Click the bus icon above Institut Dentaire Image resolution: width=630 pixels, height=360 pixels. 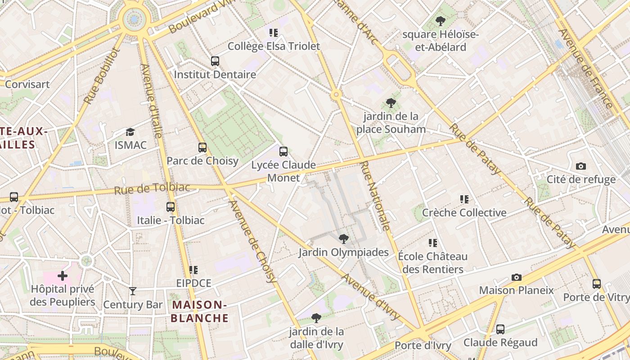215,61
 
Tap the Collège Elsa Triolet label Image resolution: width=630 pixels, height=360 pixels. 274,46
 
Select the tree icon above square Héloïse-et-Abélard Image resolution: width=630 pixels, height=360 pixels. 441,21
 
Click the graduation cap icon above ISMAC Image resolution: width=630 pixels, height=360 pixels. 130,132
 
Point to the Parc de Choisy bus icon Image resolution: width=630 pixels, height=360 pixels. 202,147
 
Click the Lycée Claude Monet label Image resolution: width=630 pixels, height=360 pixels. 283,171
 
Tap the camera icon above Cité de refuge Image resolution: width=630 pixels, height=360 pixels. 581,166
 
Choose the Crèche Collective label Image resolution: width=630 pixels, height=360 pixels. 464,212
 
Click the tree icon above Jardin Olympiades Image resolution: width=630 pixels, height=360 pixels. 344,238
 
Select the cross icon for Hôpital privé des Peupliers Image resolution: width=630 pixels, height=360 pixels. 63,275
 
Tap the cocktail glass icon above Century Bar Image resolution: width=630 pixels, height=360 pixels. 133,291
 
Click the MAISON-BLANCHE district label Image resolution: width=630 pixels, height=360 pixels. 200,311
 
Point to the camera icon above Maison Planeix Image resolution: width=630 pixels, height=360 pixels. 517,277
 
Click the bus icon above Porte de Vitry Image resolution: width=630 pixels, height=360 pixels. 597,284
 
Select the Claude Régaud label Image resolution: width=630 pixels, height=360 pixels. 500,342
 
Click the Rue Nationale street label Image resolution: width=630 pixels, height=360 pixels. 375,196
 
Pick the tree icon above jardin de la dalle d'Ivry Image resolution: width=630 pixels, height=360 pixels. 316,318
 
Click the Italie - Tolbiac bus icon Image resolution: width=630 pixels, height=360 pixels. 171,207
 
